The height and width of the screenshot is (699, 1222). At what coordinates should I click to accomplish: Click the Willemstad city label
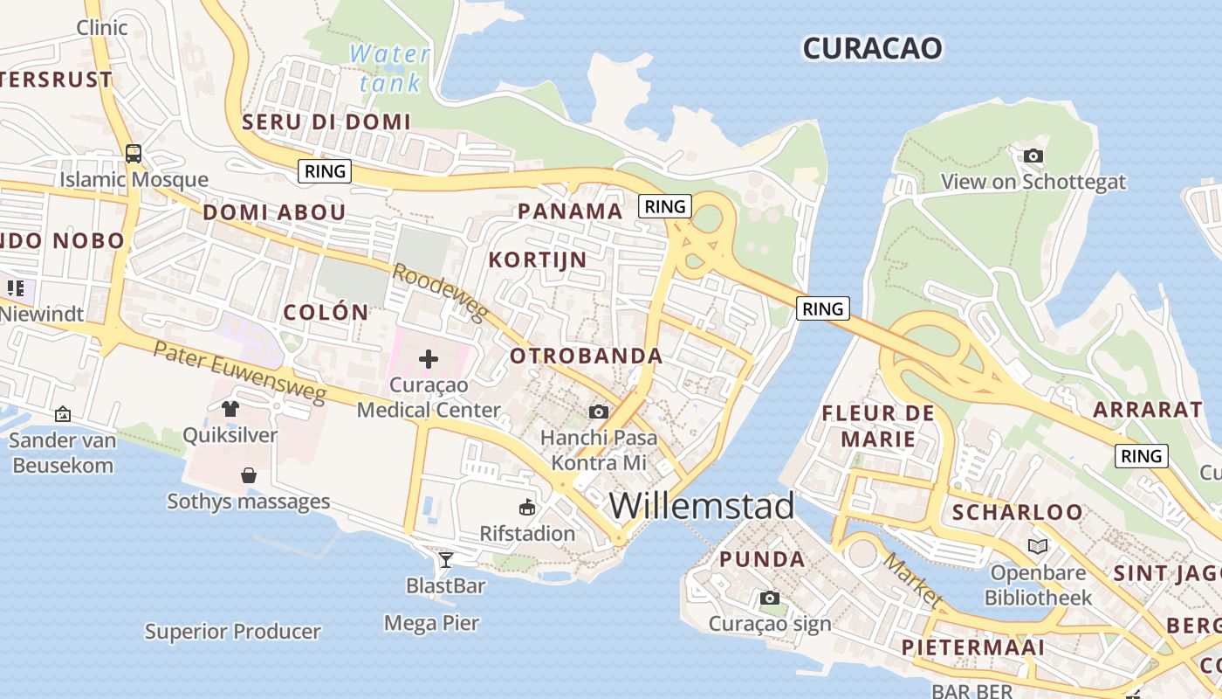(x=702, y=506)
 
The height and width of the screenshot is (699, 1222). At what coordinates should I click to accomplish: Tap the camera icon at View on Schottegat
(x=1033, y=156)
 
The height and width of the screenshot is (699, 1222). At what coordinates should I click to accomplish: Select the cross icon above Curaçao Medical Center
(x=429, y=358)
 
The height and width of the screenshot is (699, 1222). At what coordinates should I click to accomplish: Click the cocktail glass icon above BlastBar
(x=446, y=559)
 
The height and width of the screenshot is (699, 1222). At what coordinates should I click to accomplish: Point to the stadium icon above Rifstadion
(x=527, y=507)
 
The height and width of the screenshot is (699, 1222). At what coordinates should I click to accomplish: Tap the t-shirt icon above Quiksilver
(x=230, y=408)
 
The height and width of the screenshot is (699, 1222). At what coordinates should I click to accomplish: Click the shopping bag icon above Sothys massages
(x=249, y=475)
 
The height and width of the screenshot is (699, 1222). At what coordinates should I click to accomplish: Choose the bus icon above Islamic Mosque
(x=134, y=154)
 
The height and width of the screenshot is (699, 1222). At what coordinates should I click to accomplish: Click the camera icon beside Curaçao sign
(x=769, y=598)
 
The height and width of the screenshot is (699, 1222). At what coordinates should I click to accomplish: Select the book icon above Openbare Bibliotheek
(x=1037, y=546)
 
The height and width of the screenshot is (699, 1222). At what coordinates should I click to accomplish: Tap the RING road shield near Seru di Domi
(x=325, y=171)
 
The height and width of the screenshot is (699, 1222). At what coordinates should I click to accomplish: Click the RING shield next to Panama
(x=665, y=206)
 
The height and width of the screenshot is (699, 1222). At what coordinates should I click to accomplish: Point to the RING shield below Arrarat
(x=1142, y=455)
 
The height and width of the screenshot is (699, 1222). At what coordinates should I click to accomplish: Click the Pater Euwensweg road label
(x=239, y=372)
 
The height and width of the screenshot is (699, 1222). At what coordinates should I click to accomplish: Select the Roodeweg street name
(x=439, y=292)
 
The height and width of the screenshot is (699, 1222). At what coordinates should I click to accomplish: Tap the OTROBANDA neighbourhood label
(x=587, y=356)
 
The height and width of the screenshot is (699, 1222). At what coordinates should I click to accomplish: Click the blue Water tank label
(x=390, y=68)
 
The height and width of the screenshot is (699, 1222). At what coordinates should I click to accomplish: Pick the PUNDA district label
(x=762, y=559)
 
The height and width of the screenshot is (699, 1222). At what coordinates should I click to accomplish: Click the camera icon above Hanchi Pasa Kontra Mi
(x=598, y=412)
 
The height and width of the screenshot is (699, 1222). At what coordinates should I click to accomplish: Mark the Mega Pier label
(x=432, y=623)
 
